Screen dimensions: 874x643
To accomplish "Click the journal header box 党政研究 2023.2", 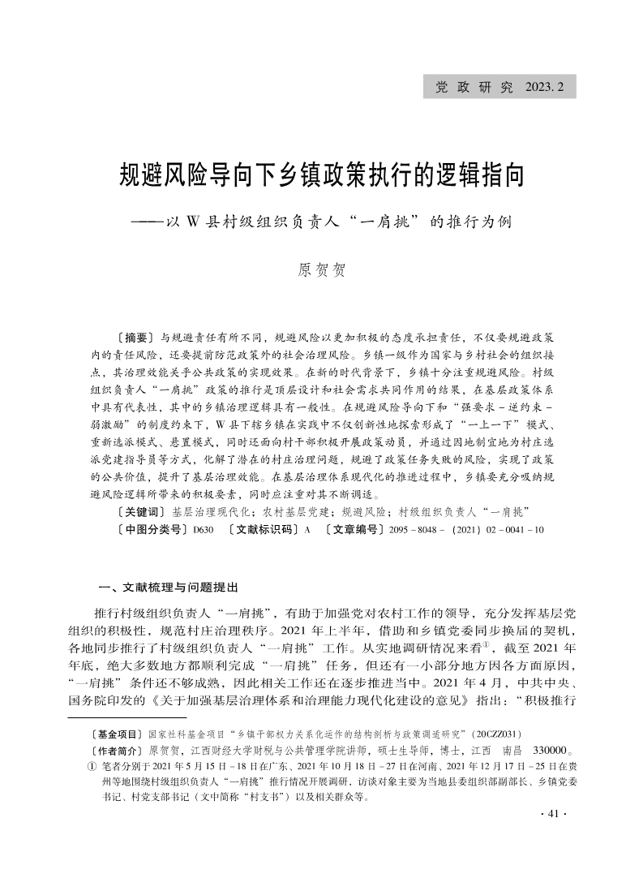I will (499, 85).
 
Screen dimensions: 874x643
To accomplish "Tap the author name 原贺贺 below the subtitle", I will (321, 269).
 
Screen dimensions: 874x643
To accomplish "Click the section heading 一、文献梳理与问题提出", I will (167, 587).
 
